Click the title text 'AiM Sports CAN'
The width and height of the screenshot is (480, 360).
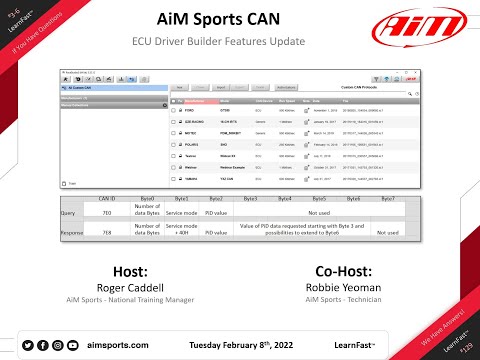[x=240, y=20]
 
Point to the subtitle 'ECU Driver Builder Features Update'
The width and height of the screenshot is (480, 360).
[x=239, y=43]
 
